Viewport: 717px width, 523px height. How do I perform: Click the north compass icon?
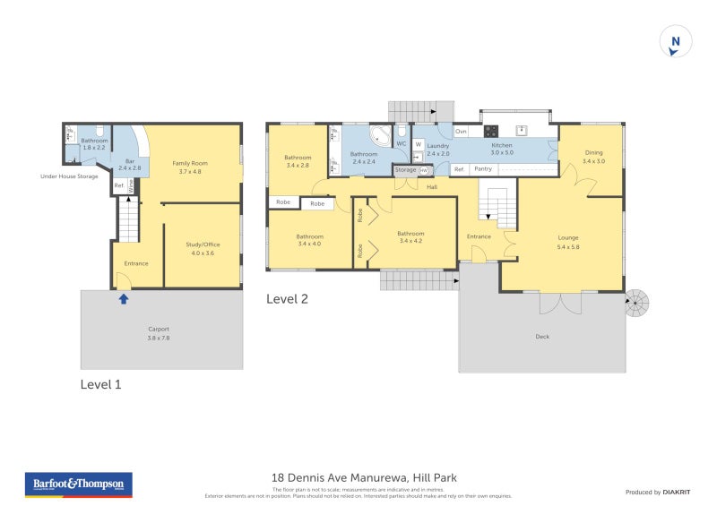676,42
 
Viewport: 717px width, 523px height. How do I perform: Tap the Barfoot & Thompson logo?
77,484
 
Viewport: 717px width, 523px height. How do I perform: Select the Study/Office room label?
203,248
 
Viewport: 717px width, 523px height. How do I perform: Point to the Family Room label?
190,167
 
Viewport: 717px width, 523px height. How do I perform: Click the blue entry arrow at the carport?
123,298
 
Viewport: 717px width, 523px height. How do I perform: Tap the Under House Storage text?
69,176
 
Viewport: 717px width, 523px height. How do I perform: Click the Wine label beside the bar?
131,186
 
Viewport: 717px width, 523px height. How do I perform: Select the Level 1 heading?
100,384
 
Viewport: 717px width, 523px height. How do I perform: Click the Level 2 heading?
287,299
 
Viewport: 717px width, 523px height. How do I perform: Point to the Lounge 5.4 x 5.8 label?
569,242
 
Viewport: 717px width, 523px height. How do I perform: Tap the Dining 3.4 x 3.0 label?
593,157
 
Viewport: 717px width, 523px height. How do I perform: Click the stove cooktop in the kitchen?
491,131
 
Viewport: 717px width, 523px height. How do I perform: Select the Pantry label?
483,169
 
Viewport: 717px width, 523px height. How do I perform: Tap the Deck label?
541,337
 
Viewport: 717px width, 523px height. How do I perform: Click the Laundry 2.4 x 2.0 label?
437,150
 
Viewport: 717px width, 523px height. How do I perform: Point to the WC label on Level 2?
401,143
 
